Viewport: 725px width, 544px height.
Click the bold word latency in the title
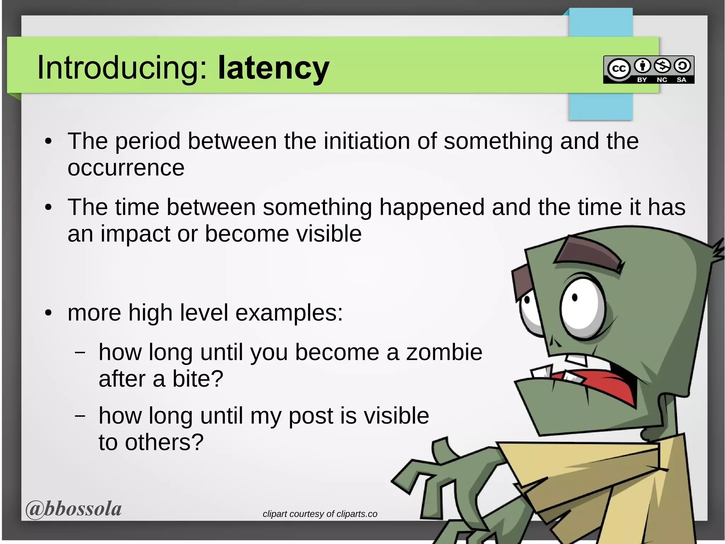pyautogui.click(x=273, y=68)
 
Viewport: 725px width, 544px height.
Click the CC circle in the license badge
pyautogui.click(x=618, y=68)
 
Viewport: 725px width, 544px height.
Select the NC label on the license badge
pyautogui.click(x=662, y=80)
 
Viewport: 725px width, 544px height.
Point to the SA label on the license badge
pyautogui.click(x=681, y=80)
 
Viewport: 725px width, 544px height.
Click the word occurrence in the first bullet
pyautogui.click(x=126, y=168)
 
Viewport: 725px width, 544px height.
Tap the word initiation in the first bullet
pyautogui.click(x=367, y=141)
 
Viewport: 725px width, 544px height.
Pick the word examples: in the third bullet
pyautogui.click(x=289, y=313)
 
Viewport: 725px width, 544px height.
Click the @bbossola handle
pyautogui.click(x=74, y=509)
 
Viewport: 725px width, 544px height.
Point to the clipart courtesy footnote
pyautogui.click(x=320, y=514)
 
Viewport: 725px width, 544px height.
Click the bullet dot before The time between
pyautogui.click(x=48, y=208)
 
